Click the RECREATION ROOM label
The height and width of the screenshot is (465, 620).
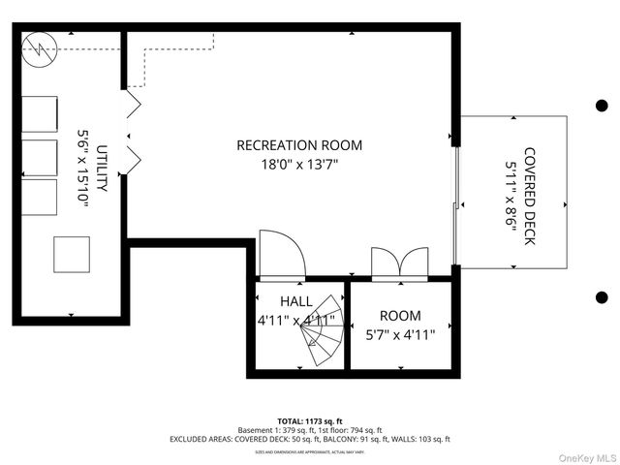pos(299,145)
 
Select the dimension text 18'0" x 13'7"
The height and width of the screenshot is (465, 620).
pos(299,165)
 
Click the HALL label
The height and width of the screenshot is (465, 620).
pos(296,301)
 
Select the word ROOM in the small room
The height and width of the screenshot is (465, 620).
pos(400,316)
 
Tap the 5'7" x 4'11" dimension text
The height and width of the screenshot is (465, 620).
pos(400,335)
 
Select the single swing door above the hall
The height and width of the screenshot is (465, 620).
pos(282,255)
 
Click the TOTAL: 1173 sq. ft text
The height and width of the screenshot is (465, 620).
pos(310,421)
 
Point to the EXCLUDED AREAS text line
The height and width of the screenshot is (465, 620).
pos(310,439)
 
